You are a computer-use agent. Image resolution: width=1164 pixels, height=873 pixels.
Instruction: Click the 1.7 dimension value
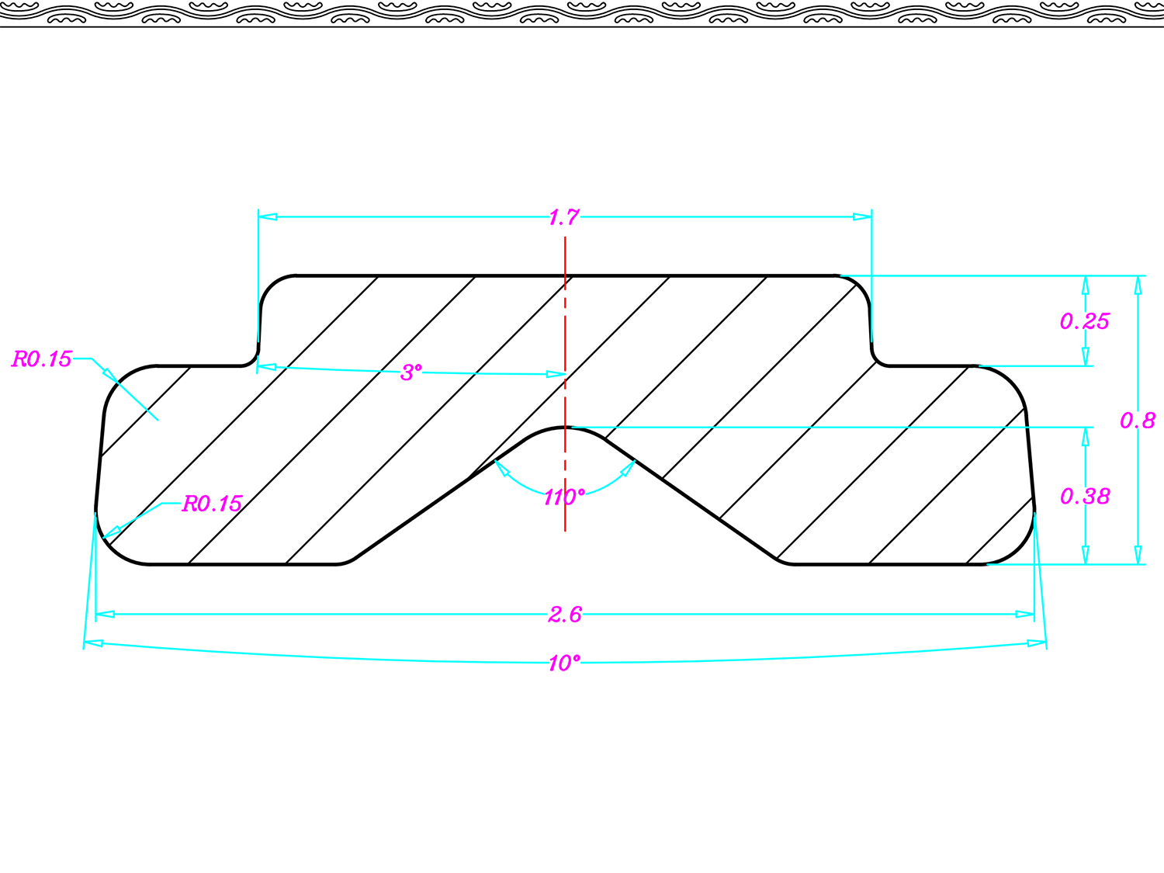pyautogui.click(x=563, y=217)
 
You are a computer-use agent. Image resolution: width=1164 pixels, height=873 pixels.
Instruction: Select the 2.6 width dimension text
pyautogui.click(x=564, y=615)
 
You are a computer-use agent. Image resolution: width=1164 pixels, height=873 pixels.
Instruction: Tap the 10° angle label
pyautogui.click(x=563, y=663)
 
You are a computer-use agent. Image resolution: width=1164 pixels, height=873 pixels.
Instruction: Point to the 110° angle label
pyautogui.click(x=563, y=497)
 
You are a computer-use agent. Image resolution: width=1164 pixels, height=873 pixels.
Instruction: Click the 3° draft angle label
pyautogui.click(x=411, y=372)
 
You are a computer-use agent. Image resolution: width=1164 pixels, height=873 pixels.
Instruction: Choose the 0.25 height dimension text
pyautogui.click(x=1084, y=321)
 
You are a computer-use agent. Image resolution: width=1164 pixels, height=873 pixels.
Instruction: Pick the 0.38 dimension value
pyautogui.click(x=1085, y=496)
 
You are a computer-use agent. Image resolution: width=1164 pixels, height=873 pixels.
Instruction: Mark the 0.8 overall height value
pyautogui.click(x=1137, y=421)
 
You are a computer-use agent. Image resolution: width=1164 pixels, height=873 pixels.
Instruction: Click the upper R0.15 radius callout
pyautogui.click(x=42, y=359)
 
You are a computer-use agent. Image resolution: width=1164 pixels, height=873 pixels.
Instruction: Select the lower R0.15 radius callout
pyautogui.click(x=212, y=504)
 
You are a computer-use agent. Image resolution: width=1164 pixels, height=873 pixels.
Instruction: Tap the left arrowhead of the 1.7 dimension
pyautogui.click(x=268, y=217)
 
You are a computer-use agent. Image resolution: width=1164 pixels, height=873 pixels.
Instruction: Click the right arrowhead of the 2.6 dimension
pyautogui.click(x=1025, y=615)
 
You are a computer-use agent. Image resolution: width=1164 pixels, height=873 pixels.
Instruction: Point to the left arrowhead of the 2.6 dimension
pyautogui.click(x=105, y=615)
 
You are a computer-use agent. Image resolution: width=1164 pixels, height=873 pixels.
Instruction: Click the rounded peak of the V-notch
pyautogui.click(x=566, y=428)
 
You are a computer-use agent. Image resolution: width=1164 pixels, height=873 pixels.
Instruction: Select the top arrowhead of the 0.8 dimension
pyautogui.click(x=1138, y=285)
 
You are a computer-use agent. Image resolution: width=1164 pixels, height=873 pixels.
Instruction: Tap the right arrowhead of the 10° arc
pyautogui.click(x=1037, y=643)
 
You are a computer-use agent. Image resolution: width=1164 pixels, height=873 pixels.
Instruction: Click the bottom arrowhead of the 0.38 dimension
pyautogui.click(x=1085, y=555)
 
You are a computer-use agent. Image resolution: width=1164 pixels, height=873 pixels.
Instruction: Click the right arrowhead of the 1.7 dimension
pyautogui.click(x=862, y=217)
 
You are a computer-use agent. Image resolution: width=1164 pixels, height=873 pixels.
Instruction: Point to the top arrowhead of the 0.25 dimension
pyautogui.click(x=1085, y=285)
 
